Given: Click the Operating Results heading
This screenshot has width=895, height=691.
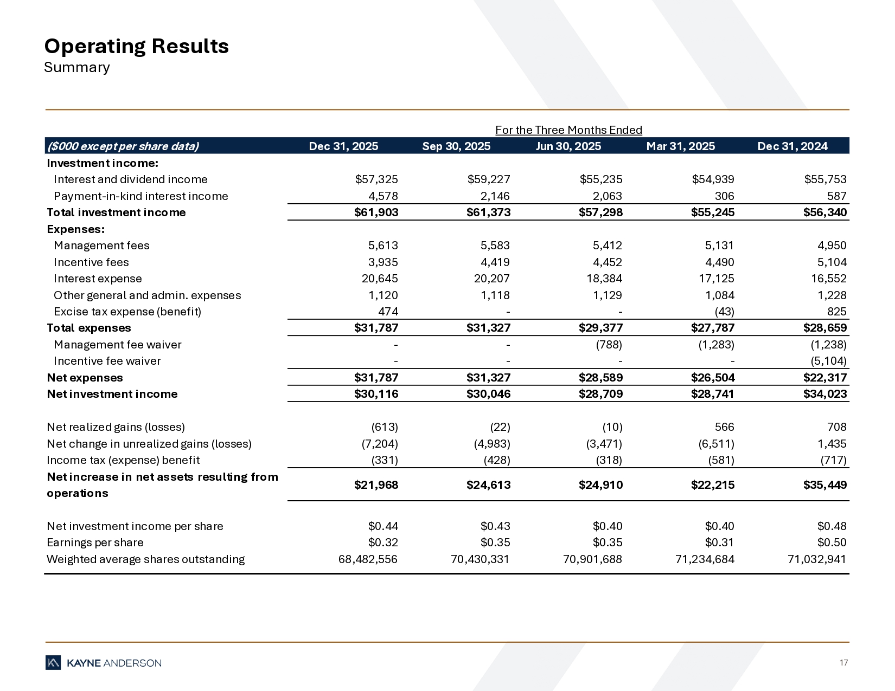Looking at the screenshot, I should coord(136,47).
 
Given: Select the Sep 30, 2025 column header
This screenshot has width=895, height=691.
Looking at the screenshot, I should coord(456,146).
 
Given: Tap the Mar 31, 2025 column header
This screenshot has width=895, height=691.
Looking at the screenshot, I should coord(680,146).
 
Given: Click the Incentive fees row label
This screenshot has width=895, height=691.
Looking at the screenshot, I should coord(91,262).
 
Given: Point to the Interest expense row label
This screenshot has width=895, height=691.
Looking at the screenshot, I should coord(98,279).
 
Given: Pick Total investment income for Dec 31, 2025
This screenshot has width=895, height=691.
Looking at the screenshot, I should coord(376,212).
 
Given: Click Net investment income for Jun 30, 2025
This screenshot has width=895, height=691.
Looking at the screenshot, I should coord(600,394).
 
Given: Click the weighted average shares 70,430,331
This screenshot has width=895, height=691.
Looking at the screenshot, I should coord(480,559).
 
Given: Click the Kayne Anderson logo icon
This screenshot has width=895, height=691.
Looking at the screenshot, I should coord(53,663).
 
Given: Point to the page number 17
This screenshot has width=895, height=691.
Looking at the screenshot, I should coord(843,663).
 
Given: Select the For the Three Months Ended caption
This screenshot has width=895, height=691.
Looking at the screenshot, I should coord(568,130).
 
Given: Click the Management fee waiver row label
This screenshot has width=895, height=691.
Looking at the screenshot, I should coord(117,345).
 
